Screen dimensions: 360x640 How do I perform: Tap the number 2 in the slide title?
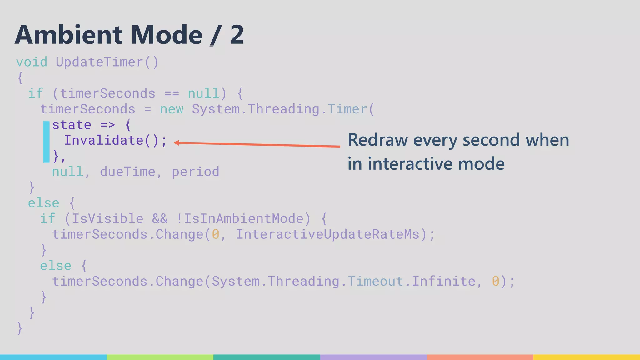237,35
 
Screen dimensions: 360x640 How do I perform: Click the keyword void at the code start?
32,62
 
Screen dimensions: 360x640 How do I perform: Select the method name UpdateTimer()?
107,62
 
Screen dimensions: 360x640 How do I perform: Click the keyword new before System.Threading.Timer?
172,109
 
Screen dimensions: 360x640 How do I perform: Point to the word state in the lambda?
72,125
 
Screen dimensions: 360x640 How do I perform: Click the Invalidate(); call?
116,141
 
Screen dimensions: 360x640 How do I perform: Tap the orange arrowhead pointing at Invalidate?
176,143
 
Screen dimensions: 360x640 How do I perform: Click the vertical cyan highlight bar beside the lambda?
46,142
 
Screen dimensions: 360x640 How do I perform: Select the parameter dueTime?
127,172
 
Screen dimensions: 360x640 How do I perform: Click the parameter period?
196,172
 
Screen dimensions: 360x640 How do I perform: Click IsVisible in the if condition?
107,219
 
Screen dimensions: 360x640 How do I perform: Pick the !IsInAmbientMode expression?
243,219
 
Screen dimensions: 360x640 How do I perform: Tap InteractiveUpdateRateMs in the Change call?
327,234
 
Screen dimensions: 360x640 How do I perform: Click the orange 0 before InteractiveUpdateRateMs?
216,234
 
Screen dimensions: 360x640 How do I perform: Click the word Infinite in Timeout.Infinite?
443,281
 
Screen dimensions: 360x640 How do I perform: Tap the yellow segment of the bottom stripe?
587,357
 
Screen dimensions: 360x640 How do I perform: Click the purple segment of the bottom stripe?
373,357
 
